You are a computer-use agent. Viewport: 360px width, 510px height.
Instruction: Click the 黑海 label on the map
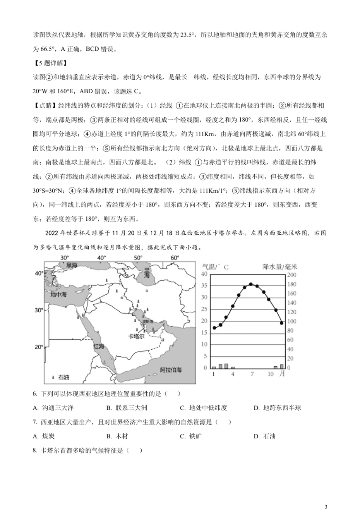click(x=72, y=265)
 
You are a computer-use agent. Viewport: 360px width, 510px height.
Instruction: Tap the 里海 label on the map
click(x=146, y=273)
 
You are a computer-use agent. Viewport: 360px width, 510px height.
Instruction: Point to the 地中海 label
click(x=58, y=294)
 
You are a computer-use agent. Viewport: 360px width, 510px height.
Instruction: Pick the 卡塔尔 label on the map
click(x=136, y=336)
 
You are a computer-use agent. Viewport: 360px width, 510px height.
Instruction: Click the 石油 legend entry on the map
click(x=61, y=377)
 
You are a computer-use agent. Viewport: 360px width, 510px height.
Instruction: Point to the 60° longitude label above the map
click(x=174, y=258)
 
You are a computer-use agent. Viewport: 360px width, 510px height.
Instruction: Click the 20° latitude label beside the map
click(x=39, y=347)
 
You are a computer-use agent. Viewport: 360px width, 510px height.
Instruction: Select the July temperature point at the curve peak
click(x=251, y=284)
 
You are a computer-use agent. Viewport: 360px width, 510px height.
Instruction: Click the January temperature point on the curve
click(x=214, y=328)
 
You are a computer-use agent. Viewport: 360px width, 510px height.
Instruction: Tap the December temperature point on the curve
click(x=282, y=323)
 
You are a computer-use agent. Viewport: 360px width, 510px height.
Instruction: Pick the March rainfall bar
click(x=226, y=366)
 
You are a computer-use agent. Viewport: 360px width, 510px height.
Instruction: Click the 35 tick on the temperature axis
click(x=204, y=286)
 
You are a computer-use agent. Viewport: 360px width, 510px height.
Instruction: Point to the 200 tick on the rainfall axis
click(x=291, y=275)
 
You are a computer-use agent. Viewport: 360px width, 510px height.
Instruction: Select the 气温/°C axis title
click(x=216, y=267)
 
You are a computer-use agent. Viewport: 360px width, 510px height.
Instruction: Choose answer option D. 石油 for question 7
click(x=265, y=436)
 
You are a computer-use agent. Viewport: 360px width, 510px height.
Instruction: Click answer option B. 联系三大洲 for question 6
click(x=127, y=408)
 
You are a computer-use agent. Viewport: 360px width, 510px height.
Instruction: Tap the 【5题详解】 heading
click(x=50, y=63)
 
